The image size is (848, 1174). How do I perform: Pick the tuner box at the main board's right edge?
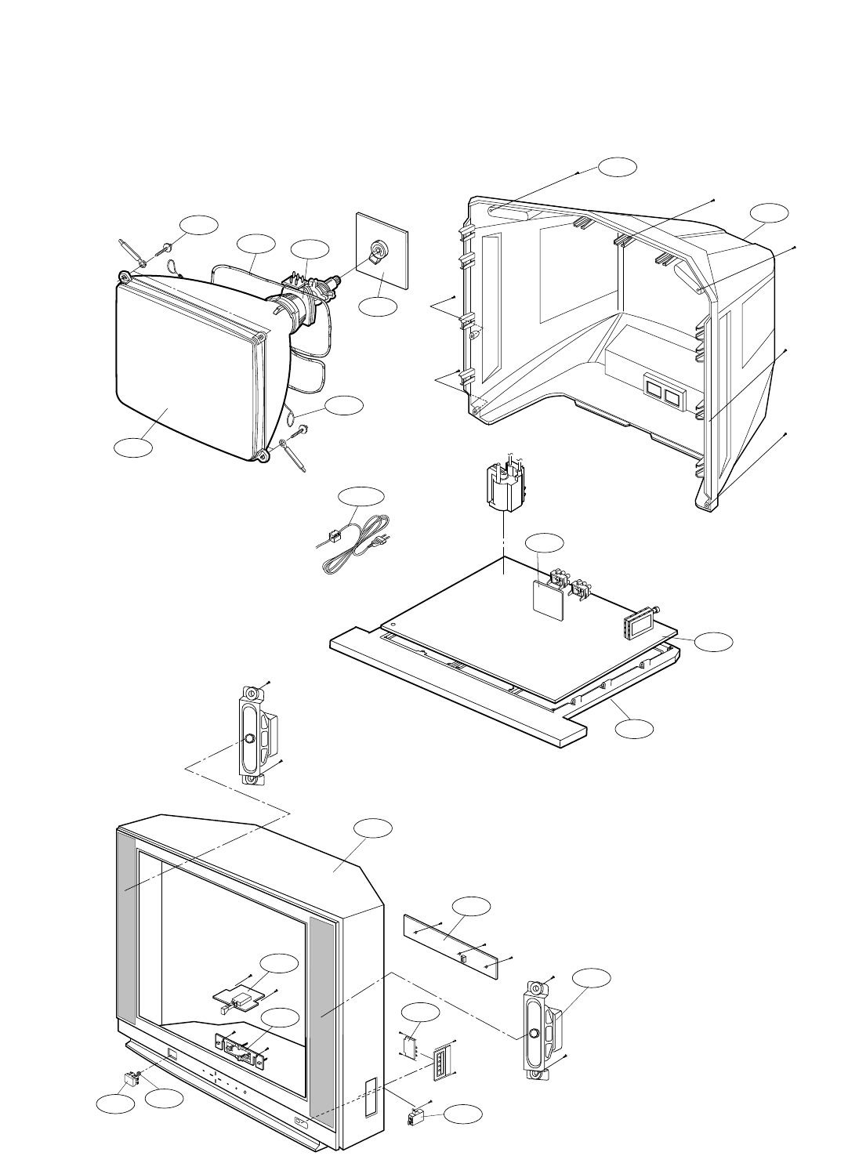click(640, 627)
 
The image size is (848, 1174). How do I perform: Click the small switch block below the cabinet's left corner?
click(132, 1079)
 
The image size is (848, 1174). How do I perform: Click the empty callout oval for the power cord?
click(361, 497)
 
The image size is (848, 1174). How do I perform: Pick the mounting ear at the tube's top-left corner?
click(125, 276)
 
